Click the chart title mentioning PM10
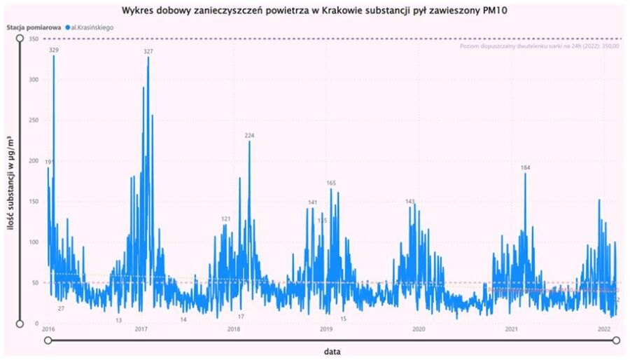[x=316, y=11]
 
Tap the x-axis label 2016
[x=48, y=328]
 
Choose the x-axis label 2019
[x=326, y=328]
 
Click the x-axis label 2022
[x=604, y=328]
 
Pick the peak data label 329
[x=54, y=50]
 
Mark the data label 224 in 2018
[x=249, y=135]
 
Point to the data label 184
[x=525, y=168]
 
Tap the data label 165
[x=331, y=183]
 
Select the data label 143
[x=410, y=202]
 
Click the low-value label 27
[x=61, y=308]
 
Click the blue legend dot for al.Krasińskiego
[x=67, y=27]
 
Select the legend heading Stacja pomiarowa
[x=33, y=27]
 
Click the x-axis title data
[x=332, y=351]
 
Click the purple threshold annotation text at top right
[x=539, y=46]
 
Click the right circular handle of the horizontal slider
[x=617, y=340]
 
